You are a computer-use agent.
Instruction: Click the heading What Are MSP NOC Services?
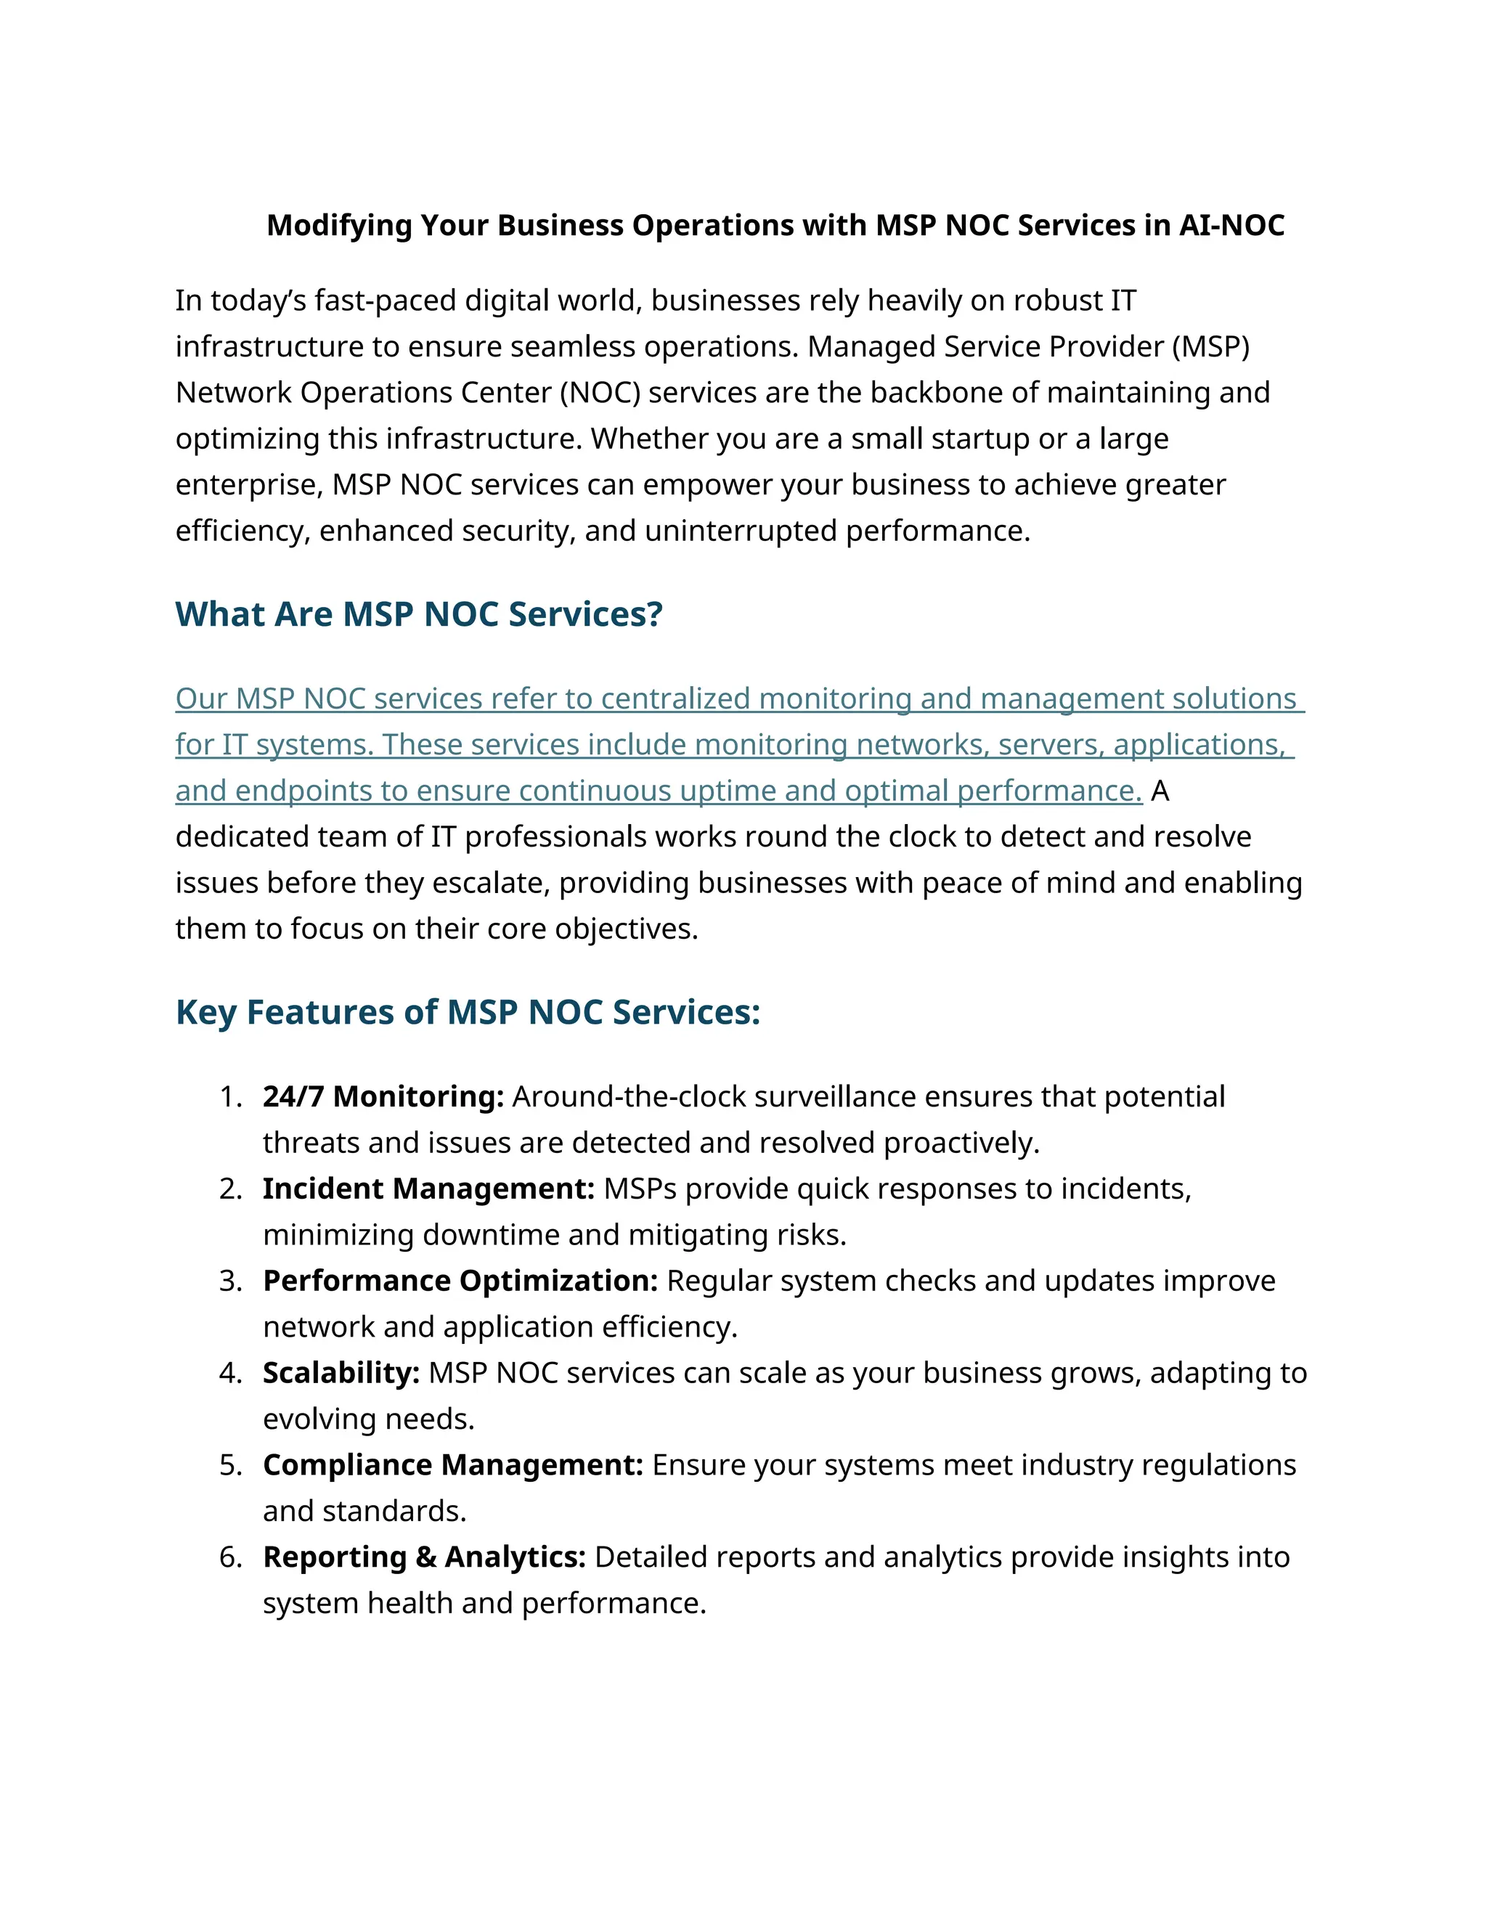point(418,614)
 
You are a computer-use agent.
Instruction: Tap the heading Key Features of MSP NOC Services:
point(467,1012)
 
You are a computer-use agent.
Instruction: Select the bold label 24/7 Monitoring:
point(383,1097)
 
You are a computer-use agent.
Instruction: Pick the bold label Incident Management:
point(429,1189)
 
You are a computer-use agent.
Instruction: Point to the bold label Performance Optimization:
point(460,1281)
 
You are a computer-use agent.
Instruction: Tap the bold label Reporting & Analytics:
point(424,1557)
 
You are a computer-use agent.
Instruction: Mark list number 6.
point(230,1557)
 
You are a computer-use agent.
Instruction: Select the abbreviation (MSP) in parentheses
point(1210,346)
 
